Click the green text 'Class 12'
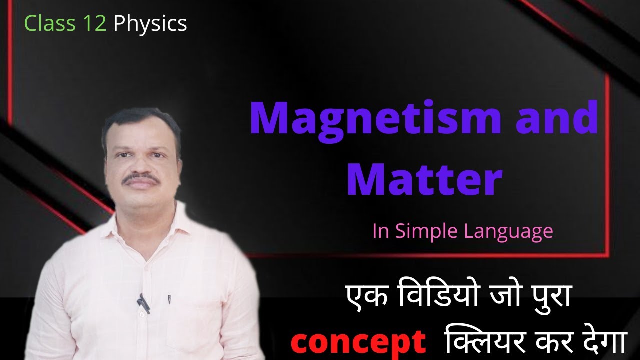coord(65,23)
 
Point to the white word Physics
coord(150,24)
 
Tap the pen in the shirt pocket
coord(168,299)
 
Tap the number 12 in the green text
coord(95,23)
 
